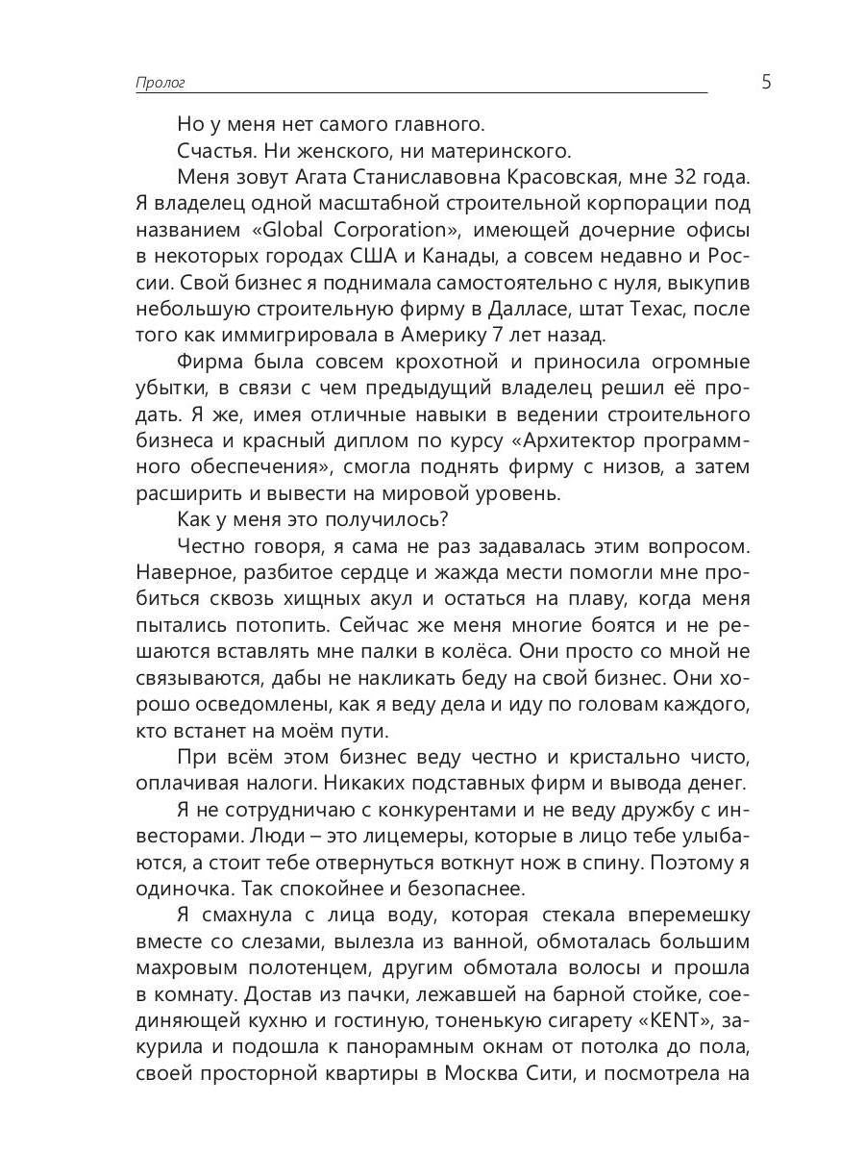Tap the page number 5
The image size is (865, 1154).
point(766,82)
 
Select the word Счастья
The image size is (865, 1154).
point(213,151)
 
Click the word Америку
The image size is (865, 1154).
point(459,336)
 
